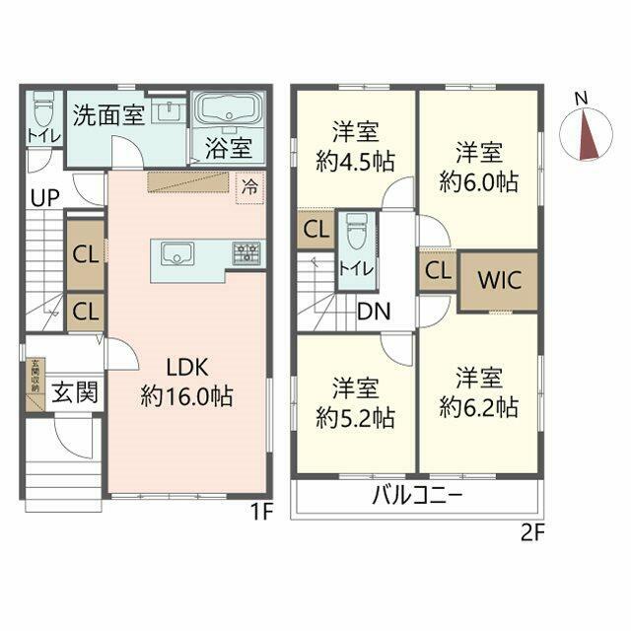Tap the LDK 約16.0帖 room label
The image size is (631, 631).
pos(186,382)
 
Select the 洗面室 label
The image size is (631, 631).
pos(108,114)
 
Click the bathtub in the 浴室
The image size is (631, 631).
pos(228,110)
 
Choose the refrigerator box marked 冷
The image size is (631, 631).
pos(249,185)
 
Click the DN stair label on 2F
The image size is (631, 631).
pos(373,313)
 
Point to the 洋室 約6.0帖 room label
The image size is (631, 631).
pos(478,167)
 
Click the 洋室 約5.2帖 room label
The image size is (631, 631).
pos(355,402)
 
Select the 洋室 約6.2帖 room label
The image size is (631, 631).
pos(478,391)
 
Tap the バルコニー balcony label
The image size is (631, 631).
pos(416,495)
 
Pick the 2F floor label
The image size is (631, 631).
pos(532,533)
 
